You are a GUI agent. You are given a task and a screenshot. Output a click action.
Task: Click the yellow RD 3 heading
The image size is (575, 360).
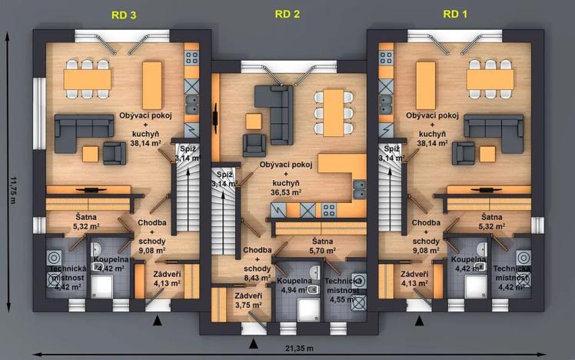point(124,15)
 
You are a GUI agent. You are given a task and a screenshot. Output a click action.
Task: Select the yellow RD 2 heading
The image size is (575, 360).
point(287,15)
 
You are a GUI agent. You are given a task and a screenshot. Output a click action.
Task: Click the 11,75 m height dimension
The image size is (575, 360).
point(12,188)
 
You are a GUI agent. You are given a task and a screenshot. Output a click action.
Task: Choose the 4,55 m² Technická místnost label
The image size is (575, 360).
point(344,276)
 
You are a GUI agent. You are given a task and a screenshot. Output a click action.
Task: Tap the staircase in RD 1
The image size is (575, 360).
point(391,192)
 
